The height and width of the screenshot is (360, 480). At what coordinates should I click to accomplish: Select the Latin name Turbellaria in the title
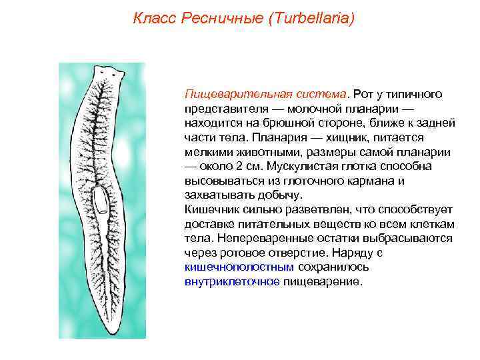coord(309,18)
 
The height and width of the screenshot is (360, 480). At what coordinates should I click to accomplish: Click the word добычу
coord(279,195)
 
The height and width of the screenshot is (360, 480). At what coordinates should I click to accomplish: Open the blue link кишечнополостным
coord(239,267)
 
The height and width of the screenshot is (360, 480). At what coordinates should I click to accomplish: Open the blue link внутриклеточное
coord(232,282)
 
